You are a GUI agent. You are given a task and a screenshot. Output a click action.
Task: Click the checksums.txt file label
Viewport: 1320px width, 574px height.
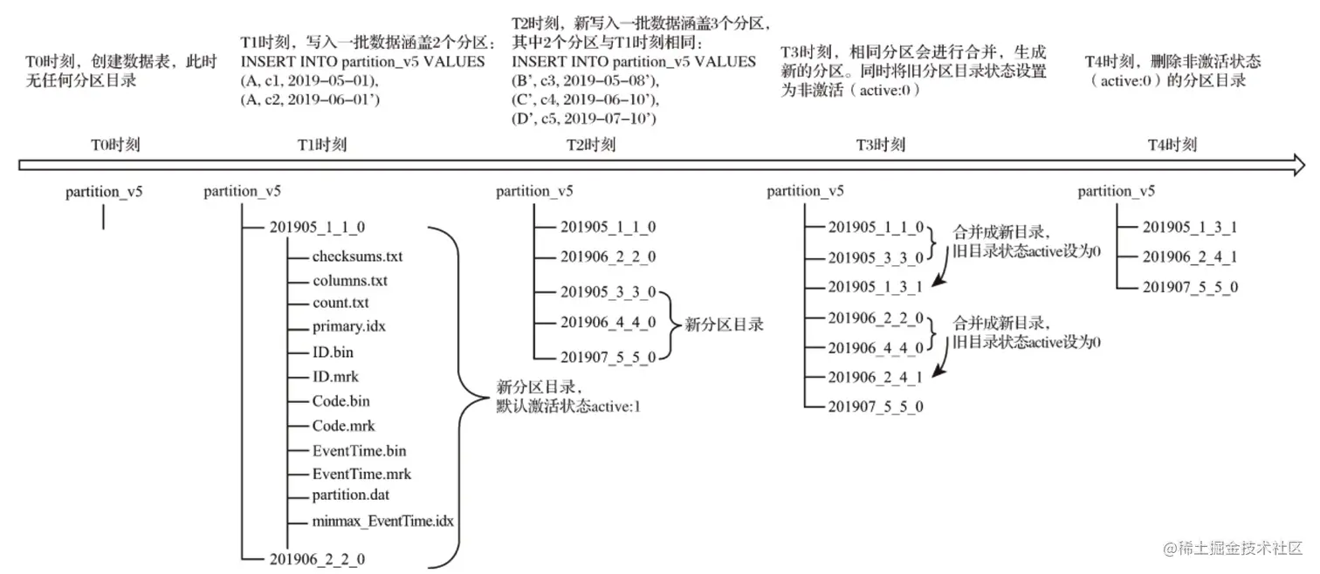pyautogui.click(x=357, y=256)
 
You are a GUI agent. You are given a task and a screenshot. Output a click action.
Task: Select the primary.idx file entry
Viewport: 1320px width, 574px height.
pyautogui.click(x=348, y=326)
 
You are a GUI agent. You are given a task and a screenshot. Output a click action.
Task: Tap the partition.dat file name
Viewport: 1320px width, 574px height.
pyautogui.click(x=350, y=495)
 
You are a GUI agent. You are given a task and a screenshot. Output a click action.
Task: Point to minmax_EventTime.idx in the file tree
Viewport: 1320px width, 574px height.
pyautogui.click(x=383, y=521)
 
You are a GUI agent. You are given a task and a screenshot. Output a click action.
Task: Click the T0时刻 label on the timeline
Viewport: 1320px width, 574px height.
pyautogui.click(x=115, y=145)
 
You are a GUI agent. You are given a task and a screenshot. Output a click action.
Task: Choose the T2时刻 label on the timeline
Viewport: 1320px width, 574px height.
pyautogui.click(x=591, y=145)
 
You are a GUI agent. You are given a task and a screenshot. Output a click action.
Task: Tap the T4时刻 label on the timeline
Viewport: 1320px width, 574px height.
pyautogui.click(x=1172, y=145)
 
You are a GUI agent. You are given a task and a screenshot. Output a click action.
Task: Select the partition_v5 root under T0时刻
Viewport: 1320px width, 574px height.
pyautogui.click(x=104, y=192)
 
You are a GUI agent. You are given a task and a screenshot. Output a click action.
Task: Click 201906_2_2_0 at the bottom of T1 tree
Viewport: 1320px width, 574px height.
pyautogui.click(x=318, y=558)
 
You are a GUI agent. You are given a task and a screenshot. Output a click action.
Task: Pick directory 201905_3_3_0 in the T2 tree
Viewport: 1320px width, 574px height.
pyautogui.click(x=608, y=292)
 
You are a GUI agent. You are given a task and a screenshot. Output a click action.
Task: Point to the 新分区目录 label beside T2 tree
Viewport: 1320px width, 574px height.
pyautogui.click(x=724, y=325)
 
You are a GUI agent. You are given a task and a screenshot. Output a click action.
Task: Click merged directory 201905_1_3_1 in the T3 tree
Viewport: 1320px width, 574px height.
pyautogui.click(x=875, y=286)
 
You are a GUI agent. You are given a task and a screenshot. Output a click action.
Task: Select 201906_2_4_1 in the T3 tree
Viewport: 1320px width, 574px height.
pyautogui.click(x=875, y=376)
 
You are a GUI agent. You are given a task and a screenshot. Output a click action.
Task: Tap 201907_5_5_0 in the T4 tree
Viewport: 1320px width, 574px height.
pyautogui.click(x=1190, y=286)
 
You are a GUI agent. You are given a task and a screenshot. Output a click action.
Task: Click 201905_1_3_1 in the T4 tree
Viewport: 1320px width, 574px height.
pyautogui.click(x=1190, y=227)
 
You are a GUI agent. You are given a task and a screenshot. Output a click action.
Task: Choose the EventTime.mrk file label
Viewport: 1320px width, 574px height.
pyautogui.click(x=361, y=475)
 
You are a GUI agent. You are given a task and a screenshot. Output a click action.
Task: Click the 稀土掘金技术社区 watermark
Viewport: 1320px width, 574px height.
pyautogui.click(x=1231, y=549)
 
